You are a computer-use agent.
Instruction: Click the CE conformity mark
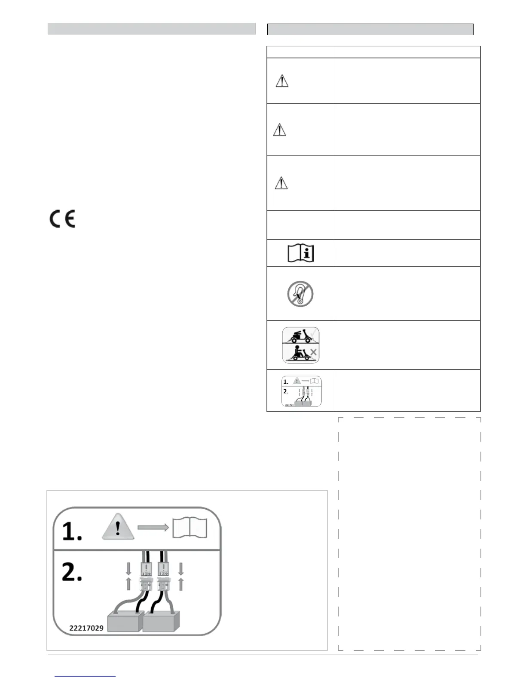click(x=62, y=219)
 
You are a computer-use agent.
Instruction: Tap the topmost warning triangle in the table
click(x=282, y=81)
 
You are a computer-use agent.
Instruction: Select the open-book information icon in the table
click(x=300, y=253)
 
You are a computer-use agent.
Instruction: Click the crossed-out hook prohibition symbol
click(x=300, y=294)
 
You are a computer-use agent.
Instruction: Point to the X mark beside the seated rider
click(x=313, y=352)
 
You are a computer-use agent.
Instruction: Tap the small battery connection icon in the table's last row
click(x=301, y=391)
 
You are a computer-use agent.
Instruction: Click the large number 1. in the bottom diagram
click(x=71, y=531)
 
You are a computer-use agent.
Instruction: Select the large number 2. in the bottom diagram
click(x=71, y=572)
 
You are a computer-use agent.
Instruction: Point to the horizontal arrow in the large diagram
click(x=153, y=528)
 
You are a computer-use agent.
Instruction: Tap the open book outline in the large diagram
click(x=190, y=528)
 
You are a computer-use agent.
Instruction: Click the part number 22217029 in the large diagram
click(x=86, y=628)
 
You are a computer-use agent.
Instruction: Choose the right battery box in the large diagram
click(x=160, y=621)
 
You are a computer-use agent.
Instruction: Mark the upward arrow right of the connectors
click(x=181, y=584)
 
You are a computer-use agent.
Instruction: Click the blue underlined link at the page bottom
click(x=85, y=676)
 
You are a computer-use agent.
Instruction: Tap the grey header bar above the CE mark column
click(x=151, y=29)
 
